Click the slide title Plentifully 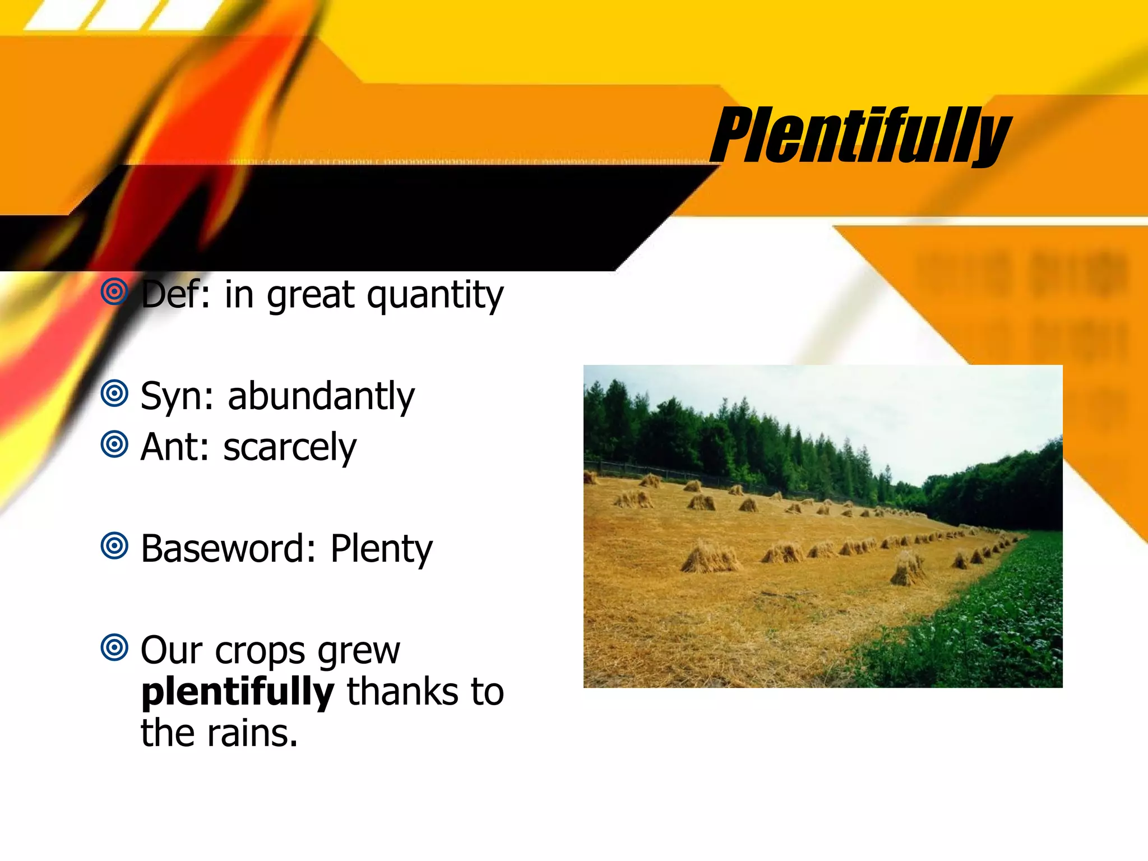click(x=860, y=136)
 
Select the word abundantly click(x=321, y=397)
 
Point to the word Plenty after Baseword click(x=381, y=549)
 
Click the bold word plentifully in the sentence click(x=238, y=692)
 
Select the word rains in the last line click(x=252, y=733)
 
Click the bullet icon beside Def click(x=114, y=291)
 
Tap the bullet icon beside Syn click(x=114, y=394)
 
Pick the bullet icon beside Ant click(x=114, y=445)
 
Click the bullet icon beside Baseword click(x=114, y=546)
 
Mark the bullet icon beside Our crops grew click(x=114, y=648)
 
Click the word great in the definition click(x=311, y=296)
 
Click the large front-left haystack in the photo click(x=710, y=558)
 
